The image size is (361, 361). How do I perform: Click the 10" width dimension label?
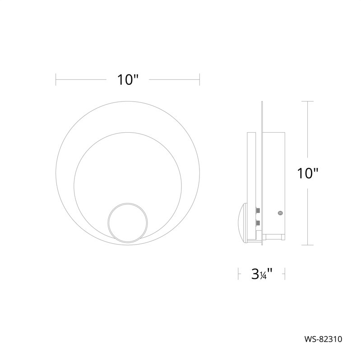click(x=128, y=80)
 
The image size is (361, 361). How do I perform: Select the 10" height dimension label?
click(x=308, y=173)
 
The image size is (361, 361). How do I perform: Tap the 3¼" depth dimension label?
click(x=262, y=274)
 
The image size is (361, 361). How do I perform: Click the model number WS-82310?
click(x=323, y=339)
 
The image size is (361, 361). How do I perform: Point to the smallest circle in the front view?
click(x=128, y=204)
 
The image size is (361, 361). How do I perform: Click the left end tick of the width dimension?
click(x=56, y=80)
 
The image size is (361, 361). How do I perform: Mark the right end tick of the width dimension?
click(x=199, y=80)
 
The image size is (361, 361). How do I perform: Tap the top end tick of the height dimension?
click(x=308, y=101)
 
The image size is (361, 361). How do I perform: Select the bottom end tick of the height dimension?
click(x=308, y=245)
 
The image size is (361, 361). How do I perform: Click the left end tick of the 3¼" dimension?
click(x=238, y=274)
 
